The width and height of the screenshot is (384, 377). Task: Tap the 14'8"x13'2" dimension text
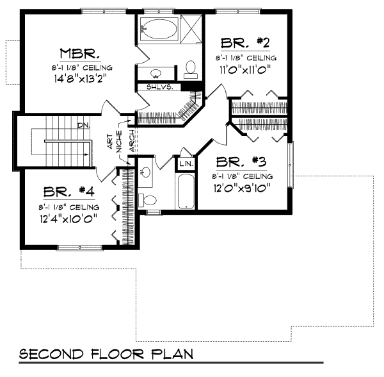pyautogui.click(x=79, y=81)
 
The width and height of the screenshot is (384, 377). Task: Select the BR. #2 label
pyautogui.click(x=244, y=43)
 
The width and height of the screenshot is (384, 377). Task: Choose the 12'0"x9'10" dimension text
pyautogui.click(x=244, y=188)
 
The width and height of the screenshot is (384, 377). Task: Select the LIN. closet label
pyautogui.click(x=186, y=163)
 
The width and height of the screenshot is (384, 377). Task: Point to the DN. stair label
pyautogui.click(x=83, y=126)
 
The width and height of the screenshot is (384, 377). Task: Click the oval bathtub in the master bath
pyautogui.click(x=158, y=28)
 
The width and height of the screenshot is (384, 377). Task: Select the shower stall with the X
pyautogui.click(x=190, y=28)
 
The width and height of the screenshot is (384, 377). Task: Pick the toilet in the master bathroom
pyautogui.click(x=190, y=67)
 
